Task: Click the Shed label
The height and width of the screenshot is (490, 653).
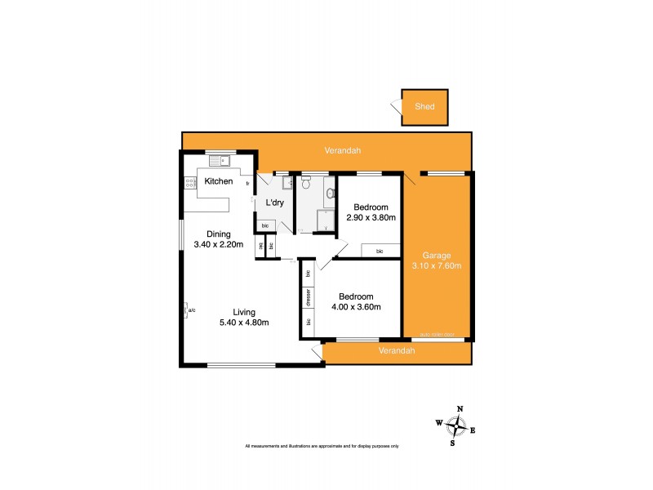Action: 424,107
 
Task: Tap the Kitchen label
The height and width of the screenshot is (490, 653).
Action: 219,181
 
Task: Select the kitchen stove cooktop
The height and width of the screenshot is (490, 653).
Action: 190,184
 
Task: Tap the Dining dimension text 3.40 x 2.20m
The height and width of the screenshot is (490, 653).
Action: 219,243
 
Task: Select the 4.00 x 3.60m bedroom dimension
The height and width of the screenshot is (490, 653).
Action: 357,306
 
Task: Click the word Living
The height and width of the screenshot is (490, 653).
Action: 244,312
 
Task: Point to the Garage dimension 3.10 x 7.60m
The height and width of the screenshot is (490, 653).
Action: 437,265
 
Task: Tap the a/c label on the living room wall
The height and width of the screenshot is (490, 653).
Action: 192,310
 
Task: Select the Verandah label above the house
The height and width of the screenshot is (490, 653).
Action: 343,150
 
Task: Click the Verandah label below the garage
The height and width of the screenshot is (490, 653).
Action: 398,350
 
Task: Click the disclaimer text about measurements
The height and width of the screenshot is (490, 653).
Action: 322,446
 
